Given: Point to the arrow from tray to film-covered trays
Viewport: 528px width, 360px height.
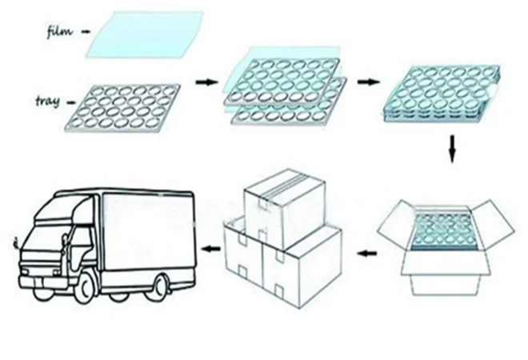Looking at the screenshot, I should point(207,82).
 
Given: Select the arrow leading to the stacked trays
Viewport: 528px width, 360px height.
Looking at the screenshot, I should point(369,82).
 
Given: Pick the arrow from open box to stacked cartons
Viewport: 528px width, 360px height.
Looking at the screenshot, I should point(365,255).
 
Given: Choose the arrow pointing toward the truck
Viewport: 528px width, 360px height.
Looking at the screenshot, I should point(210,250).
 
